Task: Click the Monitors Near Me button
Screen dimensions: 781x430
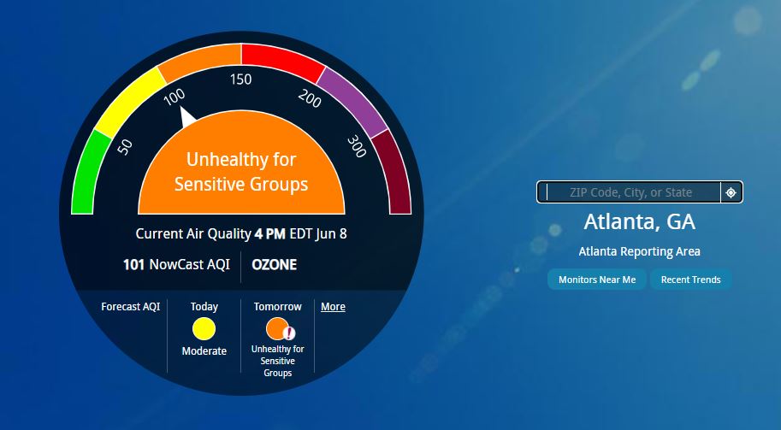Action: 597,280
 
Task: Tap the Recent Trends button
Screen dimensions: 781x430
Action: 690,280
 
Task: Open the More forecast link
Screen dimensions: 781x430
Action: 333,307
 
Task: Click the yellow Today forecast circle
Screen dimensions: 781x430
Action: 204,329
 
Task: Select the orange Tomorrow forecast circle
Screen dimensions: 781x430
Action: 277,328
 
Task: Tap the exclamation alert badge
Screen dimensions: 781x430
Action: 289,333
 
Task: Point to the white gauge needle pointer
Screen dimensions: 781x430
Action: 186,117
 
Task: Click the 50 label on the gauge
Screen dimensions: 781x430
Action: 125,147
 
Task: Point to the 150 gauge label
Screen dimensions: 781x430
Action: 240,80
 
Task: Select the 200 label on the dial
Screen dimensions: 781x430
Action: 310,98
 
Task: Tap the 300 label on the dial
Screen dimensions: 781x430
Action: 357,146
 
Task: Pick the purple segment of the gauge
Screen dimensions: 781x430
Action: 352,102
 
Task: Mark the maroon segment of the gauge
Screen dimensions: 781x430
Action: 393,172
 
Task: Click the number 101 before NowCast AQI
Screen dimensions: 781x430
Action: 133,265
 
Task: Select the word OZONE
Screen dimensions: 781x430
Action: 274,265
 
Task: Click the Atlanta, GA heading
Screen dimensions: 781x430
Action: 640,222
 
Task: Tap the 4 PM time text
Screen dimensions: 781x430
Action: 270,234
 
